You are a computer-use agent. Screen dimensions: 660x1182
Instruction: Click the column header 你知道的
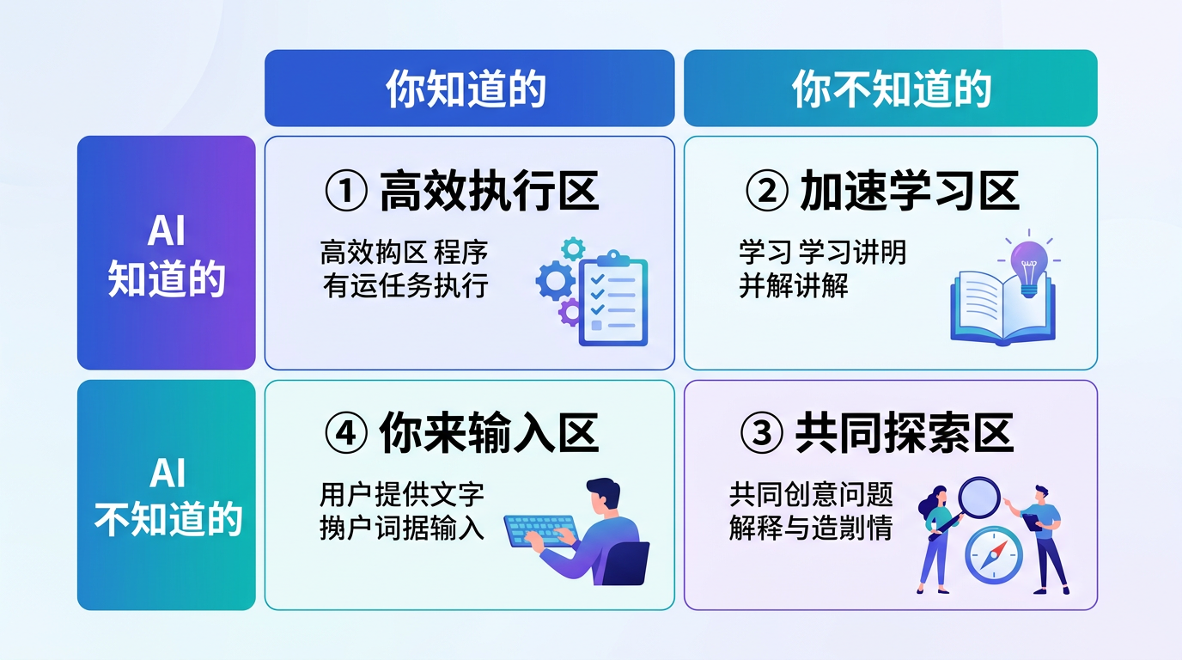(x=468, y=89)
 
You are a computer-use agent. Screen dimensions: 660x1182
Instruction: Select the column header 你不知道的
(x=890, y=89)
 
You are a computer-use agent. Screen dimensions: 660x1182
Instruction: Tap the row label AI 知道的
(x=166, y=254)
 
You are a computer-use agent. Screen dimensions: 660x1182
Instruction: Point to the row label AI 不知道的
(x=166, y=496)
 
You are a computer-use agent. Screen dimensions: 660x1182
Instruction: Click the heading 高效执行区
(x=489, y=191)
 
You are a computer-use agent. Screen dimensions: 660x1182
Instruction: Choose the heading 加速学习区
(x=909, y=191)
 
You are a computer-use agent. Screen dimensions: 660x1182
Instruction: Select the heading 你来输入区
(x=489, y=434)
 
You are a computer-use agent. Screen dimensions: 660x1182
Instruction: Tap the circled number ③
(x=761, y=435)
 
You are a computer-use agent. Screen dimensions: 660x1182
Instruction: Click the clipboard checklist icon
(x=612, y=298)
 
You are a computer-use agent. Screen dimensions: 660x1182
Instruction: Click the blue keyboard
(x=539, y=530)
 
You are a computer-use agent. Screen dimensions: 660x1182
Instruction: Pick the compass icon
(x=993, y=555)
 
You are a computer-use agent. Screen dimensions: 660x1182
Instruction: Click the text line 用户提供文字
(x=402, y=495)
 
